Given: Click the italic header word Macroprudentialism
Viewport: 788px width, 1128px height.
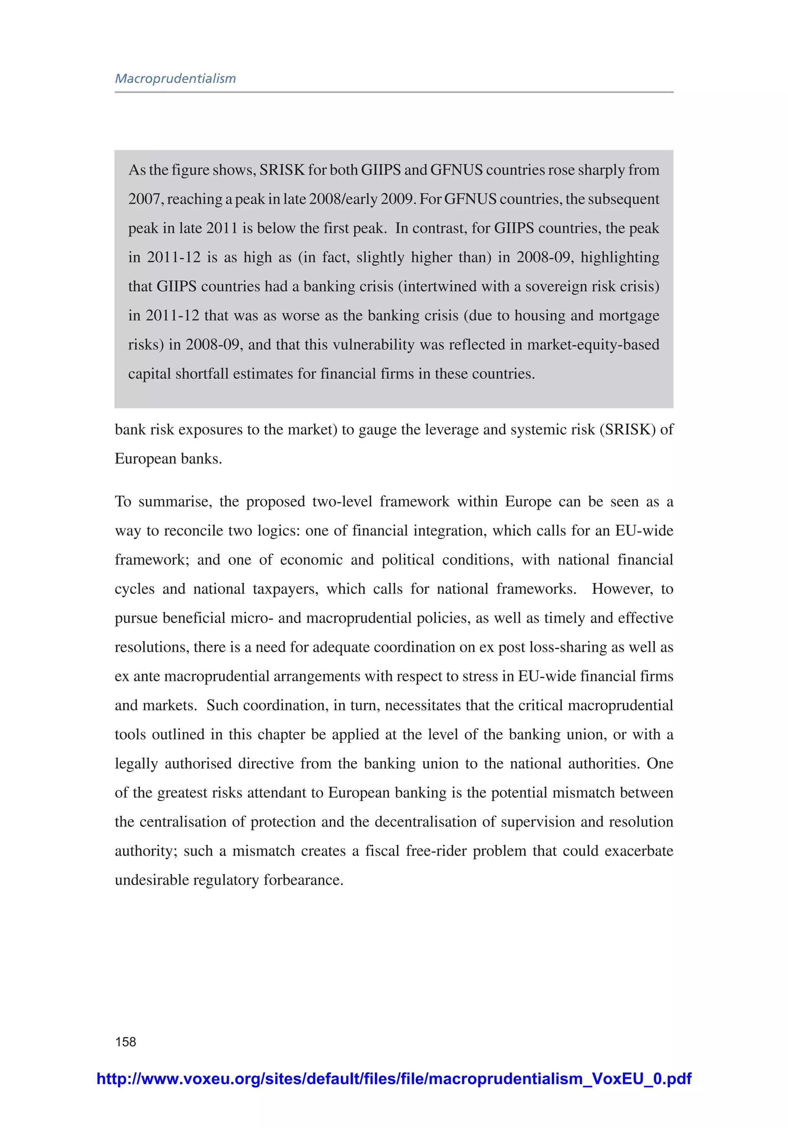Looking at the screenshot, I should coord(175,79).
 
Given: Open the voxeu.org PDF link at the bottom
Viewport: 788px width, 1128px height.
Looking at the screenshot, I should coord(394,1078).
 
